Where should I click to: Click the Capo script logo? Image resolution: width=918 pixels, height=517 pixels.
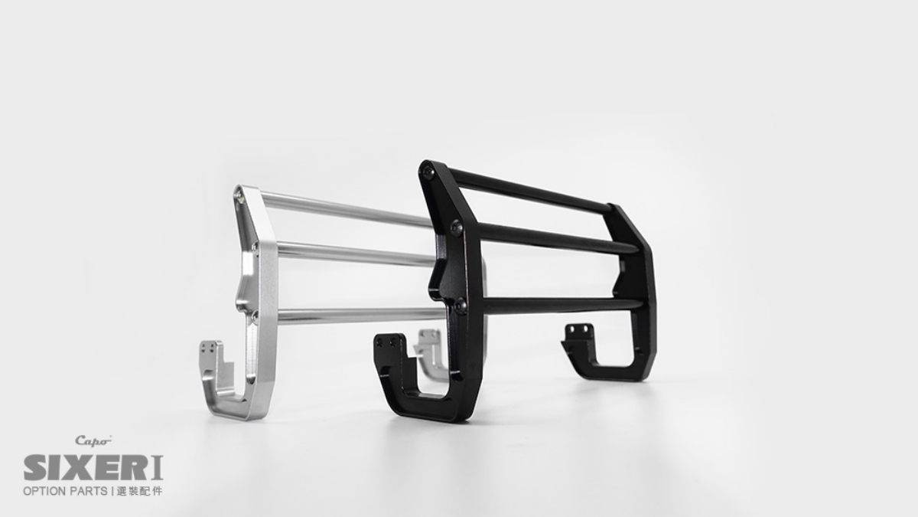coord(93,441)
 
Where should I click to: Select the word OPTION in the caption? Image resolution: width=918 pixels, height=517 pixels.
coord(44,491)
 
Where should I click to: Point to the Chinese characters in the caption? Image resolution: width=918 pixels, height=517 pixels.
coord(140,491)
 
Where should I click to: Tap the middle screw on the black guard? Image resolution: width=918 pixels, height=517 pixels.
coord(457,227)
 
